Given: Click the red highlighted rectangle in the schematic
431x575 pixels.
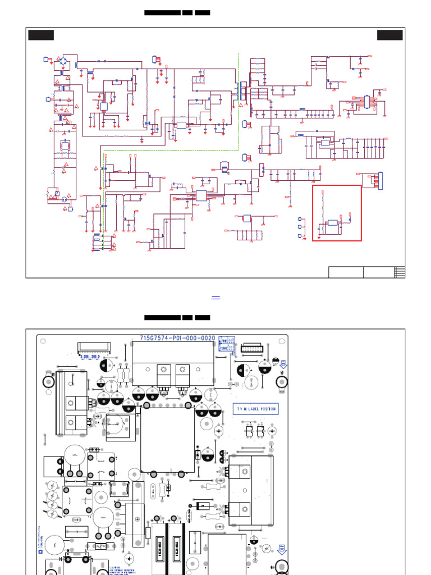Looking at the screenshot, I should [x=337, y=213].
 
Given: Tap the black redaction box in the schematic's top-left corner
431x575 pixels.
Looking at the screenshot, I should [x=41, y=35].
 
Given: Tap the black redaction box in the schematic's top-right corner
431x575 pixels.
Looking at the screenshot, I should [x=389, y=35].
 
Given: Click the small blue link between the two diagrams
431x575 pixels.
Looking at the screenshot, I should [x=215, y=297].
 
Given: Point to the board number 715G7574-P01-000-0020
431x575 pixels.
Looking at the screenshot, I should [x=177, y=339].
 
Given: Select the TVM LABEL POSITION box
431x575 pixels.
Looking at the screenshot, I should [x=256, y=409].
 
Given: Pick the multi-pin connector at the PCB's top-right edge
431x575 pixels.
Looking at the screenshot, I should [x=255, y=348].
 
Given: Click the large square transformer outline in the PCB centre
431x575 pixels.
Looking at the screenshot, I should [x=167, y=439].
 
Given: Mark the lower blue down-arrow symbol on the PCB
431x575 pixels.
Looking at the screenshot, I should [x=282, y=550].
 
